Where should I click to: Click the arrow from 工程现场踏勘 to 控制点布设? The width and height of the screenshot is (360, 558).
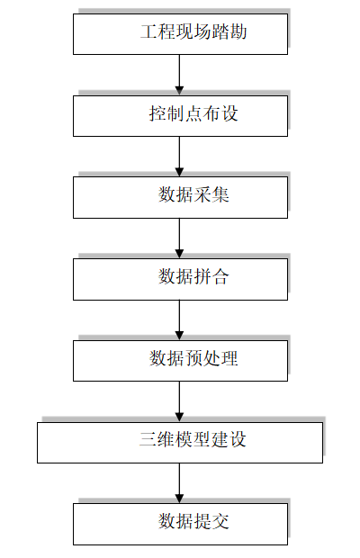(x=179, y=75)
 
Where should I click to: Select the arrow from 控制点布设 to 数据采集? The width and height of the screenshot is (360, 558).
(x=179, y=157)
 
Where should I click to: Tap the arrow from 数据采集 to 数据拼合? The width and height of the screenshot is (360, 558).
(x=179, y=238)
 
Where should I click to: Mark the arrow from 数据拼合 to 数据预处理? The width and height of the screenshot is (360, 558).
(x=179, y=319)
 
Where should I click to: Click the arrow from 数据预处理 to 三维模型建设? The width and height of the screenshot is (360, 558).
(x=179, y=401)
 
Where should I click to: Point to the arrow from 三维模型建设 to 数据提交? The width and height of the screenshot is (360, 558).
(x=179, y=483)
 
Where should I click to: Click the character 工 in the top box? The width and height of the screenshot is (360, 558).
(x=148, y=31)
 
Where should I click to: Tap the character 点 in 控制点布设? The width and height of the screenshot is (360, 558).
(x=193, y=114)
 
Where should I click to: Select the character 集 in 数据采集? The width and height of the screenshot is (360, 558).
(x=220, y=195)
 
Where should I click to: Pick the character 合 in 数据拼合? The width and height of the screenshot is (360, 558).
(x=220, y=276)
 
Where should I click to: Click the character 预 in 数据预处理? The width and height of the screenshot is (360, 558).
(x=193, y=358)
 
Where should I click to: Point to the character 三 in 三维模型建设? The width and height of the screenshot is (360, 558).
(x=148, y=440)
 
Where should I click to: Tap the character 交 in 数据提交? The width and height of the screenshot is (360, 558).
(x=220, y=521)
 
